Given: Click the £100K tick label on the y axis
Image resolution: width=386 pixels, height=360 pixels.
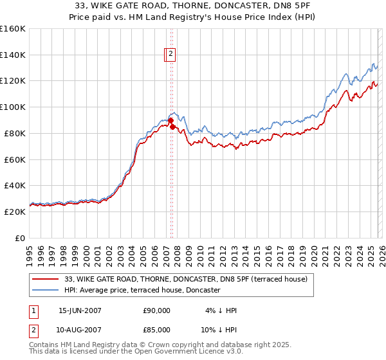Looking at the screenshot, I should coord(13,107).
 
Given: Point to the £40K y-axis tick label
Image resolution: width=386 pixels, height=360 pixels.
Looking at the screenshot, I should coord(15,186).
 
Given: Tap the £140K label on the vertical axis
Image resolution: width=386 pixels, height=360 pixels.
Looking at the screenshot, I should coord(13,55).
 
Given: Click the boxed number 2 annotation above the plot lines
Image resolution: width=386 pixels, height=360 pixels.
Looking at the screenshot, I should coord(171,55).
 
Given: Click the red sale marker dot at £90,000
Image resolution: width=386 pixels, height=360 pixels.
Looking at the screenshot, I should coord(170,120).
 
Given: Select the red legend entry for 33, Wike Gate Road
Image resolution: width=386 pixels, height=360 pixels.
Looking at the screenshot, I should coord(186,279).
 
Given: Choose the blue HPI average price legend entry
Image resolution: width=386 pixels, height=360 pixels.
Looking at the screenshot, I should coord(142,291).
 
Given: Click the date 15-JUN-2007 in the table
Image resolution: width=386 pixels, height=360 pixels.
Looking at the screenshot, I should coord(80,310).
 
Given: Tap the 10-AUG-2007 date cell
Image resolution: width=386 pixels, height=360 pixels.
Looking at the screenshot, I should coord(80,329).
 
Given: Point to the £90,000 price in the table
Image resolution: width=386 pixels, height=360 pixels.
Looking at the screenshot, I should coord(157,310).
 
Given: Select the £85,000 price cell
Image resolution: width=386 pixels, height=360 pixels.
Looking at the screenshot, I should coord(157,329).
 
